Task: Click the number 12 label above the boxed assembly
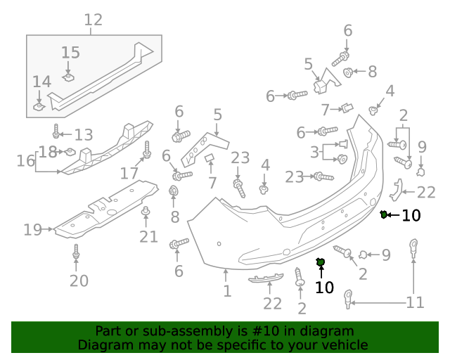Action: tap(93, 20)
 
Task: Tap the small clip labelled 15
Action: tap(69, 75)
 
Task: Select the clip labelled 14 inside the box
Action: tap(39, 106)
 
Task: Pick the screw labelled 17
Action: tap(148, 151)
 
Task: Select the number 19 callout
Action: tap(32, 229)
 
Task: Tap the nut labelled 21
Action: tap(146, 212)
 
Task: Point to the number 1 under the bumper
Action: tap(226, 290)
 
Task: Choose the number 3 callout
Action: tap(314, 152)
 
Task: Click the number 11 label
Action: tap(415, 302)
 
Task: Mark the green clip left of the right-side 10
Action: tap(384, 214)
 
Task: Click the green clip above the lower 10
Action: tap(321, 263)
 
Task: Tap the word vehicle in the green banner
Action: tap(344, 345)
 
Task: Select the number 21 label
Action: tap(148, 236)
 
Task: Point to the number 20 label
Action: tap(79, 281)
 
